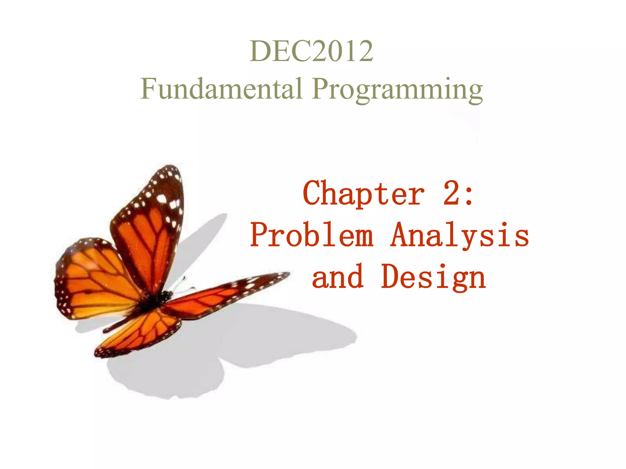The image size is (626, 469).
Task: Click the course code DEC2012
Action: pos(311,51)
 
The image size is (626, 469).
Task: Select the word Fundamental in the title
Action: pos(221,89)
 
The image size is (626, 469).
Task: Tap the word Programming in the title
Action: pos(397,89)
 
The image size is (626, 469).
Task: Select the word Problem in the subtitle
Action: pos(312,235)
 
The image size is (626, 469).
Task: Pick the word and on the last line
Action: pos(337,277)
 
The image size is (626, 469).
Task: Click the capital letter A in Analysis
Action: pos(400,234)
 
